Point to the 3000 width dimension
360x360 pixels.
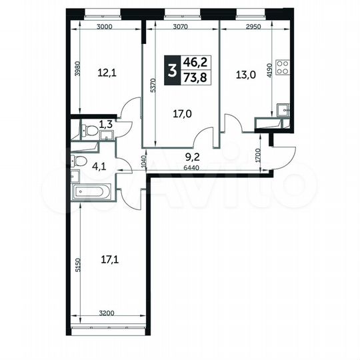coord(103,27)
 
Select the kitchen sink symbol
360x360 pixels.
coord(283,109)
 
